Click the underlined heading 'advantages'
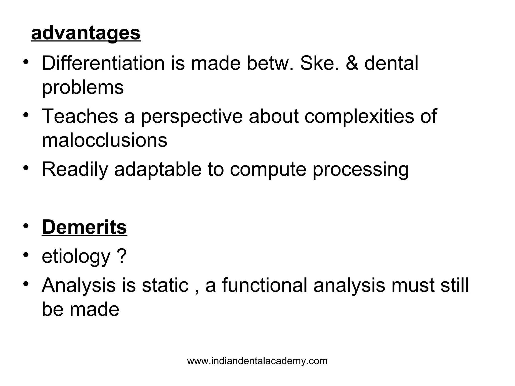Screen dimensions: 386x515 point(86,33)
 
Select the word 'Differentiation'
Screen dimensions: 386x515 point(103,63)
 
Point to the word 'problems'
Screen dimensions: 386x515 point(83,88)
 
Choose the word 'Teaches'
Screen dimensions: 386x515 point(80,116)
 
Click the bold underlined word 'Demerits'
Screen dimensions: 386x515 point(84,227)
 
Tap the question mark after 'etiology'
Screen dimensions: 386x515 point(122,256)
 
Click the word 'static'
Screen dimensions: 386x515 point(165,285)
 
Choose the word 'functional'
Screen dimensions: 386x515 point(265,285)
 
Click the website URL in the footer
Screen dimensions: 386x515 point(257,361)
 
